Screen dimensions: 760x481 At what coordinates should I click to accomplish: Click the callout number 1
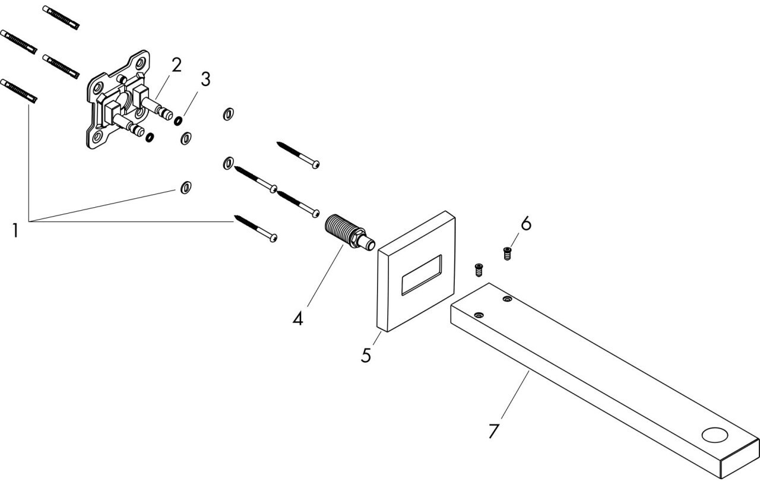(x=15, y=231)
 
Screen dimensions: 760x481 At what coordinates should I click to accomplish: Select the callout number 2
(x=176, y=65)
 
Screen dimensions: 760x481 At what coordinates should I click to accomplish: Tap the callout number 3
(x=205, y=80)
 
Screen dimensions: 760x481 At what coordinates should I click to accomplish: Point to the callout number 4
(x=297, y=319)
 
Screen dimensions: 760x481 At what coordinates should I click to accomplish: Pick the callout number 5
(x=366, y=355)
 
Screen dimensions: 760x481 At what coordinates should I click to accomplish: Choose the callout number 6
(x=526, y=224)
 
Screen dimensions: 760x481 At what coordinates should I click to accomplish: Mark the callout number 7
(x=493, y=431)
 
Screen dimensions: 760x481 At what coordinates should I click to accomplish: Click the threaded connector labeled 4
(x=350, y=232)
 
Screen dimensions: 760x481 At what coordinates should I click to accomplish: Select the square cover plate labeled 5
(x=416, y=271)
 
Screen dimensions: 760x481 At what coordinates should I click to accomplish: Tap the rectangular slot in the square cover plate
(x=422, y=275)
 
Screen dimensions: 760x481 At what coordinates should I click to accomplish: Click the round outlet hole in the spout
(x=715, y=435)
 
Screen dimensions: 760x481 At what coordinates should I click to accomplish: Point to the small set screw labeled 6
(x=507, y=254)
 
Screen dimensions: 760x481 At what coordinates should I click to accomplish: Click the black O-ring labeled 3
(x=178, y=121)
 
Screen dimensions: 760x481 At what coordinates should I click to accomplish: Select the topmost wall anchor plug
(x=61, y=18)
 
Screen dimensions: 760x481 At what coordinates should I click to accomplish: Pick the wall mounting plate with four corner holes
(x=118, y=99)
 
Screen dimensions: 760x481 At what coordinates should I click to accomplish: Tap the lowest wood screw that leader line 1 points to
(x=255, y=228)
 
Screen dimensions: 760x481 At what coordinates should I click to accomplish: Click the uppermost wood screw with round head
(x=298, y=155)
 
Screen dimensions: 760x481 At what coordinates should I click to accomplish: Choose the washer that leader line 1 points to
(x=186, y=188)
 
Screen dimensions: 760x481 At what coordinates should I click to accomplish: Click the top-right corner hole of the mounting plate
(x=141, y=63)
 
